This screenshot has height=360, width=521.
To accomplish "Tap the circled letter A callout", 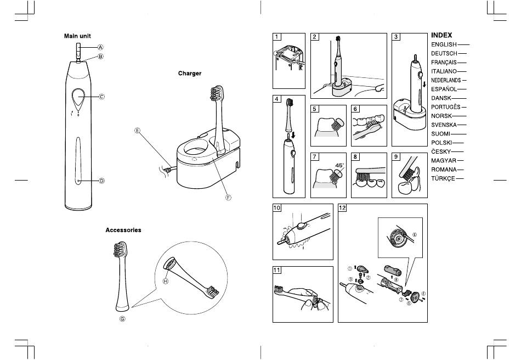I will [x=101, y=47].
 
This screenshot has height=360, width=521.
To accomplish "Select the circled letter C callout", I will [x=101, y=97].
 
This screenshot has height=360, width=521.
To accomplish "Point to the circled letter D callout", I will [x=101, y=181].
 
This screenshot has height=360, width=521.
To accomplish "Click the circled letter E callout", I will [x=138, y=131].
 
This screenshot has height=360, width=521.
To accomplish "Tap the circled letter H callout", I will [x=165, y=281].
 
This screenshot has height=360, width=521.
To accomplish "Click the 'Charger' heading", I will [x=190, y=73].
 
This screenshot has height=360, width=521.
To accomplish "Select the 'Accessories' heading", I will [x=123, y=230].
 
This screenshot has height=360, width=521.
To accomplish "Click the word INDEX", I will [x=441, y=35].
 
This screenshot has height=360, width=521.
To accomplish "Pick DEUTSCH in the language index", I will [x=444, y=53].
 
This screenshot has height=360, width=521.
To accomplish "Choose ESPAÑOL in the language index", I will [x=444, y=89].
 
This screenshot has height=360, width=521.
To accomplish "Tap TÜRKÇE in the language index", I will [x=443, y=179].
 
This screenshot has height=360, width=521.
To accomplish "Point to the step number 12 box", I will [x=343, y=208].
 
